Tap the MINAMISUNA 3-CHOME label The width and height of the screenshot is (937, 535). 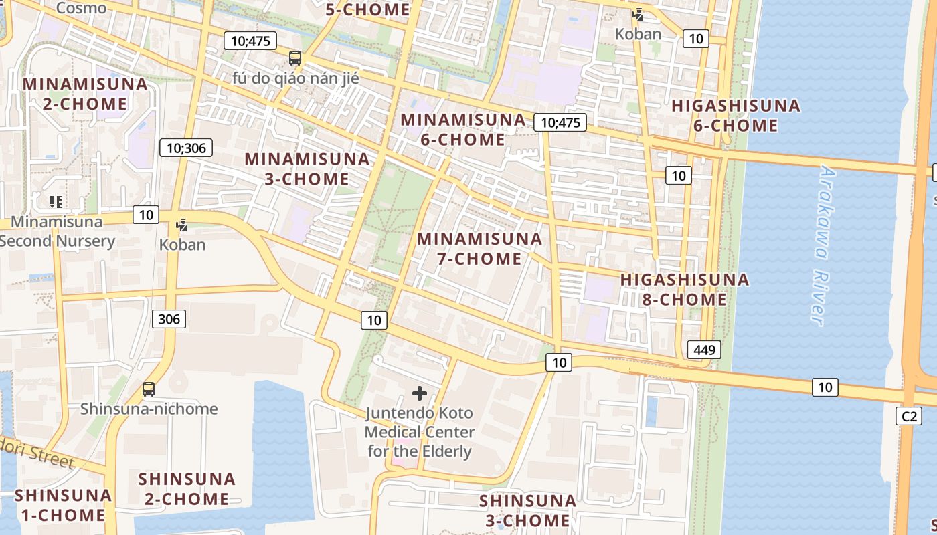[307, 169]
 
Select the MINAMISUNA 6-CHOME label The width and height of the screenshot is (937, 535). [462, 130]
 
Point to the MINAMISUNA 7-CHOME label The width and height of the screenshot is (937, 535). [479, 249]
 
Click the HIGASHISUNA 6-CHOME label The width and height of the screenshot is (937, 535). [736, 116]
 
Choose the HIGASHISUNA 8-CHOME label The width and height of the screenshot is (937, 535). [685, 289]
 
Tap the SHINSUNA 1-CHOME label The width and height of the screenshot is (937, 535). [63, 505]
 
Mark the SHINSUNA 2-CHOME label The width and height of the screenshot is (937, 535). [187, 489]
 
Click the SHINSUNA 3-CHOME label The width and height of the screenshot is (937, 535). [527, 510]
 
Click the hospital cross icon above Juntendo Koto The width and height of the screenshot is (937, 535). [420, 393]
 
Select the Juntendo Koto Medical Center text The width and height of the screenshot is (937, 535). [420, 432]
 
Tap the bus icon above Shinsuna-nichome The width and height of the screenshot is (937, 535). [149, 389]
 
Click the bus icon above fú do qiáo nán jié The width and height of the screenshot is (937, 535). [295, 58]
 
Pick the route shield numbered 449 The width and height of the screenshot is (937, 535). [704, 349]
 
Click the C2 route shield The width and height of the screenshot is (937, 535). [908, 416]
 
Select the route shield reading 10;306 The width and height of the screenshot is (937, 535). [186, 148]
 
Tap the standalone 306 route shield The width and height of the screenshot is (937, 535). [169, 319]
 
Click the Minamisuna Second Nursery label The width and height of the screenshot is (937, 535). [58, 231]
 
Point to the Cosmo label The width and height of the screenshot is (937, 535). [82, 8]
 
